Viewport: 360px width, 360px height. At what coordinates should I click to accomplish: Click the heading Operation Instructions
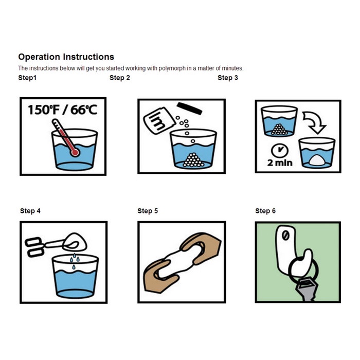[66, 57]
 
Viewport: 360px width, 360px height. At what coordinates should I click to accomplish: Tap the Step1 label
[27, 78]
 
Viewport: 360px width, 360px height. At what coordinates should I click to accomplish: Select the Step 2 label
[120, 78]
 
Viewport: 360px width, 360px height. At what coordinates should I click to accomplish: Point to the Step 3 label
[228, 78]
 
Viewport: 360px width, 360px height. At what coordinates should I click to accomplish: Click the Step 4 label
[30, 211]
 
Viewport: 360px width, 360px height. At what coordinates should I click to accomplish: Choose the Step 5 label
[148, 211]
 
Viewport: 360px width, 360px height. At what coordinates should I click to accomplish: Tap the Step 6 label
[265, 211]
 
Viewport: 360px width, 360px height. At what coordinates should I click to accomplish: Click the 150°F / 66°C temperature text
[62, 110]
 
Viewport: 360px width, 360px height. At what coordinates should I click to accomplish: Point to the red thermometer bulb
[75, 152]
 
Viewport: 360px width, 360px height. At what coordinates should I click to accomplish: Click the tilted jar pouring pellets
[159, 120]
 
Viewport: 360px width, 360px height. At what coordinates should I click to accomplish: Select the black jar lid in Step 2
[189, 109]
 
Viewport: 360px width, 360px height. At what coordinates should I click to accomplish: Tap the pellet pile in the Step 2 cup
[193, 160]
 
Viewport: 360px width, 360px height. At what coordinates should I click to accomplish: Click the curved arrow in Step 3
[314, 122]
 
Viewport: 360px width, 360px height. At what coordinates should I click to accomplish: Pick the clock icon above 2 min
[280, 150]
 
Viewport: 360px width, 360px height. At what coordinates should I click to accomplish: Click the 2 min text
[280, 163]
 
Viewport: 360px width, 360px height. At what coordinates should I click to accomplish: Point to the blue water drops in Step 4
[75, 261]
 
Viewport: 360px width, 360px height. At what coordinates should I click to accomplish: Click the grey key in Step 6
[307, 289]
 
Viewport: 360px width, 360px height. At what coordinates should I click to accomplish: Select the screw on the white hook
[285, 236]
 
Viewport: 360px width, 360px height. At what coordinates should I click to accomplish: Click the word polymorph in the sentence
[172, 68]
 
